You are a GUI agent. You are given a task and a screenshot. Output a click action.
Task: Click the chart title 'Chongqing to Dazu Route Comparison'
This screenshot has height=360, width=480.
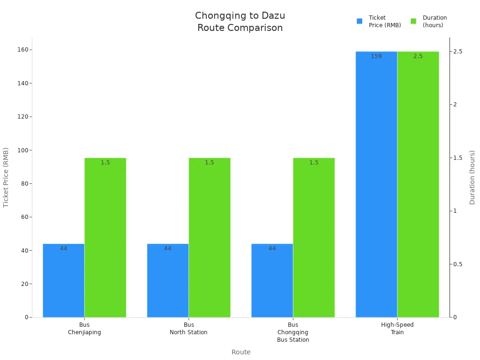240,22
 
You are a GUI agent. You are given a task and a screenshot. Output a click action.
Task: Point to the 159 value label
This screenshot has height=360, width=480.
376,56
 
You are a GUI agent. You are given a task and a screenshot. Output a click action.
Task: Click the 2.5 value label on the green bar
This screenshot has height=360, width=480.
418,56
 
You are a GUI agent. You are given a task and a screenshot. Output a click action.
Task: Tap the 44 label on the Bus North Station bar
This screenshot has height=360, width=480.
167,248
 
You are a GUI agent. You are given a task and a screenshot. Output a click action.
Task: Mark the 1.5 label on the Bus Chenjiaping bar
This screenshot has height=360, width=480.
105,163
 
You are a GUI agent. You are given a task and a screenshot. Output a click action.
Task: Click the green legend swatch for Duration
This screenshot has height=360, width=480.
413,21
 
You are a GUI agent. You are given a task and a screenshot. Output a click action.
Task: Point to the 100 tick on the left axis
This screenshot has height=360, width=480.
22,150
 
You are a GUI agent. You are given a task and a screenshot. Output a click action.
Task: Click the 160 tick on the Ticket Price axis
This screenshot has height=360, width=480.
22,50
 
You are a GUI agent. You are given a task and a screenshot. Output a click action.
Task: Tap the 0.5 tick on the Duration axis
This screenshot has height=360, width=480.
458,264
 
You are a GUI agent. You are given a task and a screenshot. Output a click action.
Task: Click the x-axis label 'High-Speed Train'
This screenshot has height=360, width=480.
397,328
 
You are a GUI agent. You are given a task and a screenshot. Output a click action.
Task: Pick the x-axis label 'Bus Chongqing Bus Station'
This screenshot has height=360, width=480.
293,332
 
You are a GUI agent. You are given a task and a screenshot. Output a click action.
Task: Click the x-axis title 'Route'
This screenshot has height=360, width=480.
241,352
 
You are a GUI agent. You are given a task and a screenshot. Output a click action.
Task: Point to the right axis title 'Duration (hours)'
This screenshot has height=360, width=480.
472,177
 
